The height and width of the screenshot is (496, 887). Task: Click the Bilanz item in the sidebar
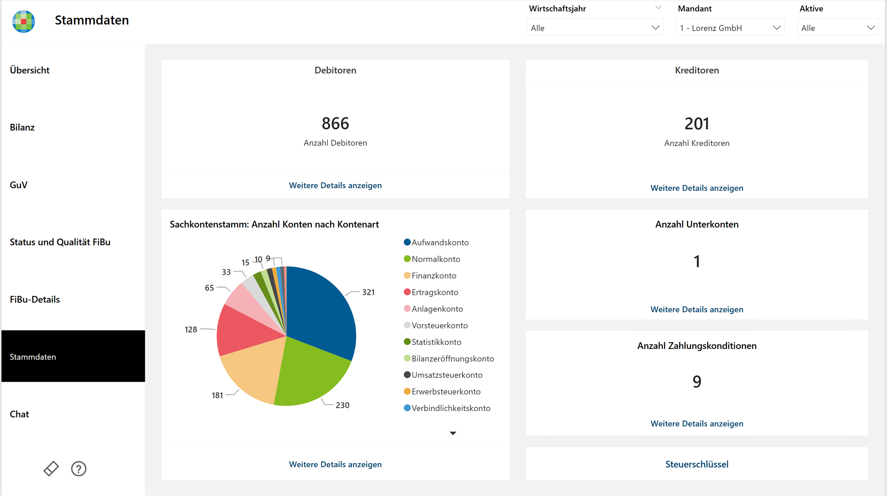(22, 127)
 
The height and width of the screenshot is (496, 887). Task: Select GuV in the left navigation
(19, 185)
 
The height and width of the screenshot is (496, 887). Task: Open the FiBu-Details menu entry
(35, 299)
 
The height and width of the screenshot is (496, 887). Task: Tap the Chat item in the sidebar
(19, 414)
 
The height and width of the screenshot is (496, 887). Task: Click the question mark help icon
(79, 469)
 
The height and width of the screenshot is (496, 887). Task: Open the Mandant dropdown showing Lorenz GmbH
(730, 28)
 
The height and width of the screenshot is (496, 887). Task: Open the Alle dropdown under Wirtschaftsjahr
(595, 28)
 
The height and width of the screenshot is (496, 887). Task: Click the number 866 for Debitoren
(335, 123)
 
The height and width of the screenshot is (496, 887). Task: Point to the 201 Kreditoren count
(697, 124)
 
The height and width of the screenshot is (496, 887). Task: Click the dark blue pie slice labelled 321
(319, 312)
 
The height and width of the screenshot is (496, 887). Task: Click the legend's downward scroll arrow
(453, 433)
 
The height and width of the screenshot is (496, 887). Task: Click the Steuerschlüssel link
(697, 464)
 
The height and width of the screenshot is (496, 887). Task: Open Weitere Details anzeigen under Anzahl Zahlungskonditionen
(697, 424)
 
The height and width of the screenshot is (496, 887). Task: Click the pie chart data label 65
(209, 288)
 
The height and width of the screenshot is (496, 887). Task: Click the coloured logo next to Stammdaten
(24, 21)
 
